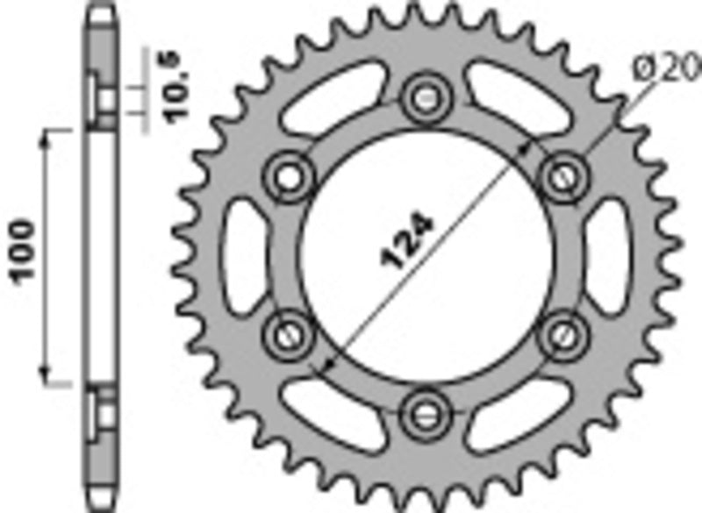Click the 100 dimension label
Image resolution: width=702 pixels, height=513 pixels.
[x=24, y=254]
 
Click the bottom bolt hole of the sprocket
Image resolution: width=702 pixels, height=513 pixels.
[x=428, y=408]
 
